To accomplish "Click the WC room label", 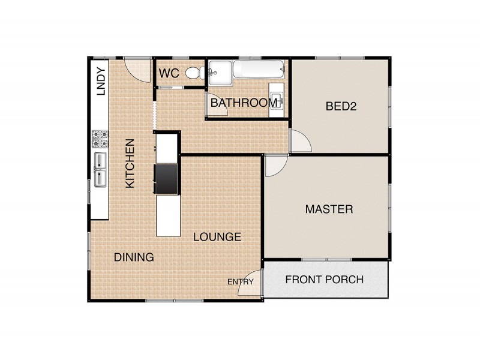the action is click(x=169, y=73).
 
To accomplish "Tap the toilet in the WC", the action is click(x=195, y=73).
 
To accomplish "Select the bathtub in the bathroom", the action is click(x=259, y=69).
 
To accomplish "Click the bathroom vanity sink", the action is click(x=277, y=100).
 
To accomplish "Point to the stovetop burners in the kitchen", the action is click(x=100, y=139).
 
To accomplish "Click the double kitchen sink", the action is click(x=100, y=170).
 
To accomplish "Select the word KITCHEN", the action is click(x=130, y=163).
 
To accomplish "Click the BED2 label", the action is click(x=341, y=106).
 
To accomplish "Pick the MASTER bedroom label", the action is click(x=329, y=209).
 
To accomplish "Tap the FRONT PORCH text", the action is click(x=325, y=280).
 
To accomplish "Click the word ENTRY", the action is click(x=241, y=281).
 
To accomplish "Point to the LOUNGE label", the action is click(x=217, y=236).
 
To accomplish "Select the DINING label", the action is click(x=134, y=257).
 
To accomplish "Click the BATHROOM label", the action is click(x=244, y=103).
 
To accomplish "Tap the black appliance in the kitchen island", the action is click(x=166, y=179).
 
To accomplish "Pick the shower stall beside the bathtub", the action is click(x=220, y=73).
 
